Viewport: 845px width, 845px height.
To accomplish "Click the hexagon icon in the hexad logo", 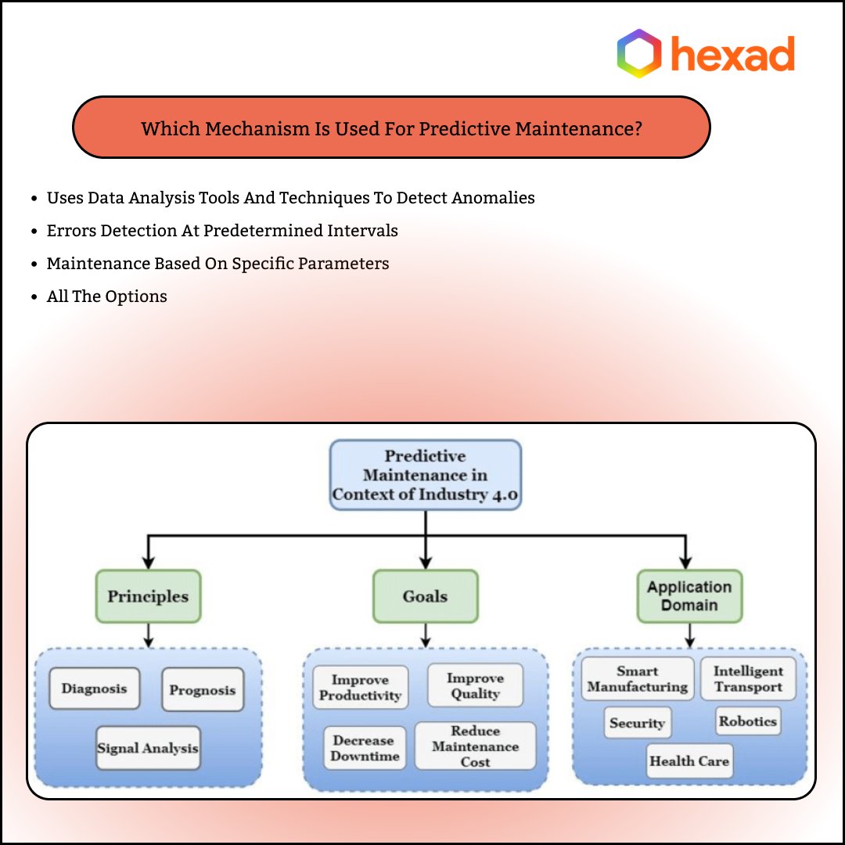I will pyautogui.click(x=639, y=53).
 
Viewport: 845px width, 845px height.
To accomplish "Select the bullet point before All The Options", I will pyautogui.click(x=34, y=297).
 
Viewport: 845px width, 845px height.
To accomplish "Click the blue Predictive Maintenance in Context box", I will pyautogui.click(x=425, y=475).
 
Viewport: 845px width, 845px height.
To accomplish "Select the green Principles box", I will pyautogui.click(x=148, y=596).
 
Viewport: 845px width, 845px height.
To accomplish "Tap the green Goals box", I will pyautogui.click(x=425, y=596).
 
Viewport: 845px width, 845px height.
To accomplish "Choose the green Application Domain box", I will pyautogui.click(x=689, y=596).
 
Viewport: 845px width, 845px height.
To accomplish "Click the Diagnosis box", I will pyautogui.click(x=94, y=689).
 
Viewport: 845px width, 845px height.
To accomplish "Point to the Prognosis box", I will pyautogui.click(x=203, y=690).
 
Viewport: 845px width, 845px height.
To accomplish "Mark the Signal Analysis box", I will pyautogui.click(x=148, y=748).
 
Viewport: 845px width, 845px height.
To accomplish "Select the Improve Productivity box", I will pyautogui.click(x=361, y=688).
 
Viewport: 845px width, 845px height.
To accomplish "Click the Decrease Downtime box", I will pyautogui.click(x=365, y=748).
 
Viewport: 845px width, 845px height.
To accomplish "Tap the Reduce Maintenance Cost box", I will pyautogui.click(x=475, y=746).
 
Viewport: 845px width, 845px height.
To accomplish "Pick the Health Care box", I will pyautogui.click(x=689, y=760).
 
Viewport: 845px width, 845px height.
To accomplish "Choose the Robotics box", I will pyautogui.click(x=748, y=721).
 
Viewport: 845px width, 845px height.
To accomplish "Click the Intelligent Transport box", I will pyautogui.click(x=748, y=679).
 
